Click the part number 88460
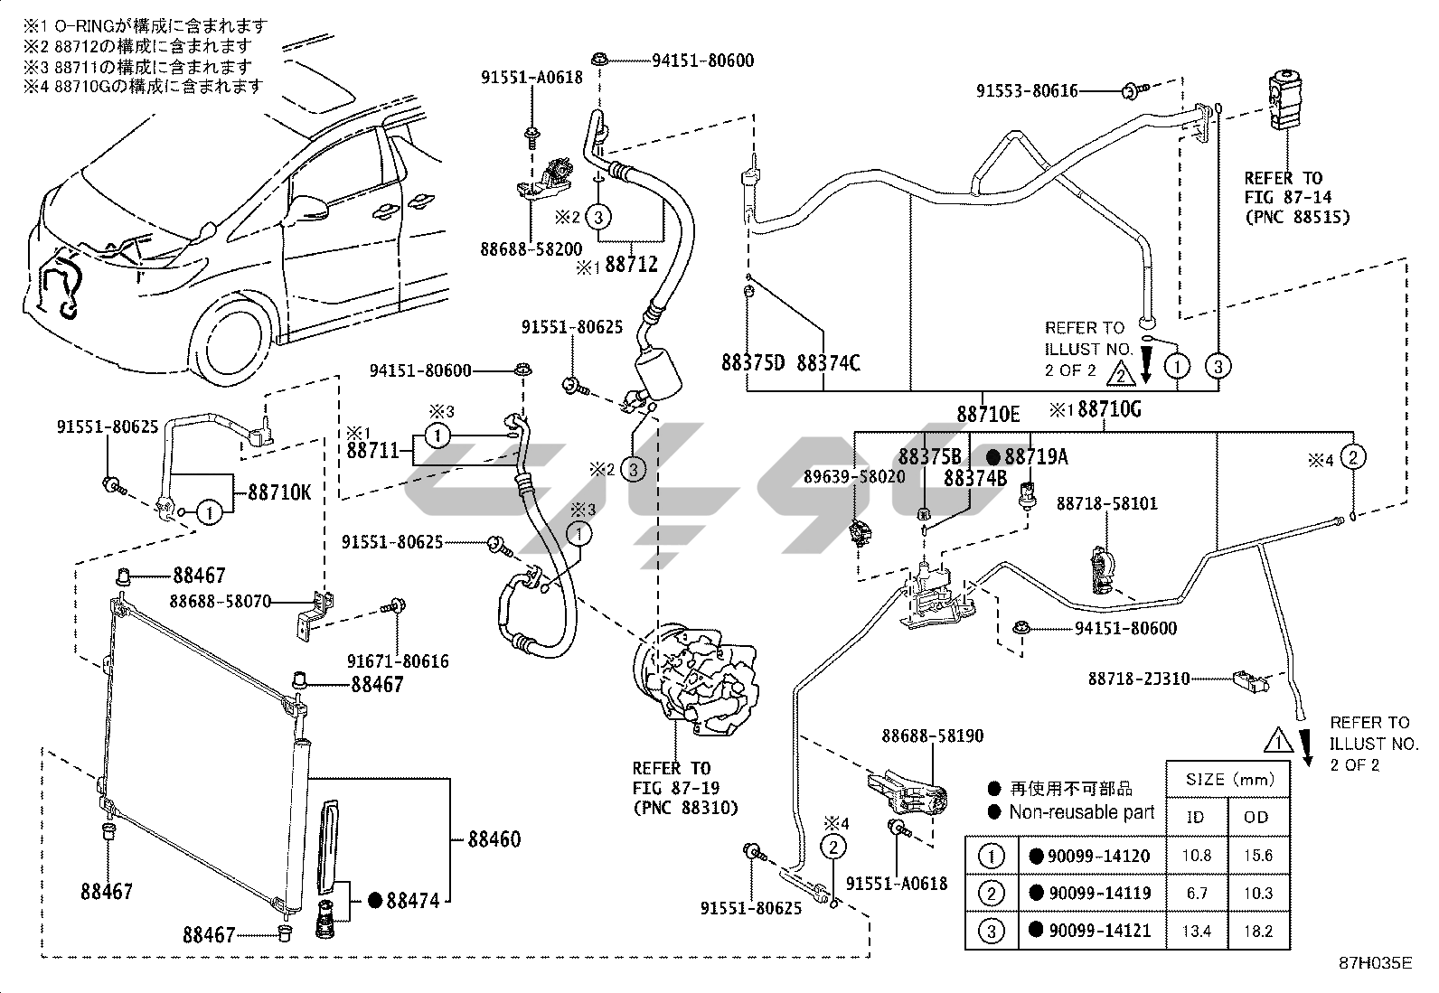(x=494, y=839)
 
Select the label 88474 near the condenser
(x=412, y=900)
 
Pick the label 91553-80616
(x=1027, y=91)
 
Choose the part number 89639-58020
(x=854, y=476)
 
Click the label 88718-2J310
(x=1139, y=678)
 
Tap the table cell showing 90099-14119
(x=1099, y=894)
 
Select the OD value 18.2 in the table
(x=1257, y=930)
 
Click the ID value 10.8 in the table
(x=1197, y=856)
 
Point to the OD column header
(x=1257, y=817)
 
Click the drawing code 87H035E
(x=1375, y=963)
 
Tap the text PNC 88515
(x=1297, y=217)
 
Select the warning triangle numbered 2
(x=1120, y=370)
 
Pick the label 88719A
(x=1036, y=457)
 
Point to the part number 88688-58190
(x=933, y=736)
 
